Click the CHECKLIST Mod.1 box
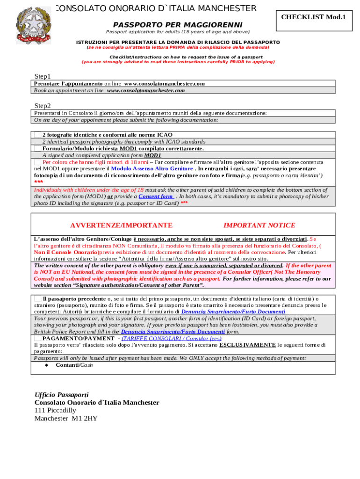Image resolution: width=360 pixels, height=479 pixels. pos(313,17)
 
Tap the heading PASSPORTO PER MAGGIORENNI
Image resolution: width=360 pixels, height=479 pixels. pos(178,24)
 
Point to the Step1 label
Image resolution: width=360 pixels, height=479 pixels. pos(43,76)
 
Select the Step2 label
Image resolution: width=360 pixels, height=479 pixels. pos(43,106)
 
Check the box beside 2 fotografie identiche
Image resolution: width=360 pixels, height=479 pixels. pos(37,135)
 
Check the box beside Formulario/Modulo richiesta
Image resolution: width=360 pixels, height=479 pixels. pos(37,148)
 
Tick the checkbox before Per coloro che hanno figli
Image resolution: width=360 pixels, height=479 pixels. pos(37,162)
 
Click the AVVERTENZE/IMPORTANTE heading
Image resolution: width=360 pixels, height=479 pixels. pos(121,225)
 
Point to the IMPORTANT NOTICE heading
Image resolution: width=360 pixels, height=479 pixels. pos(259,225)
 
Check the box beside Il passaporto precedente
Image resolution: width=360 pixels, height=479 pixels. pos(37,298)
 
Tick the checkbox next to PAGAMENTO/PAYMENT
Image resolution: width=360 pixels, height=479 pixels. pos(37,338)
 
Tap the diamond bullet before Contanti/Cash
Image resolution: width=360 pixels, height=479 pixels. pos(46,365)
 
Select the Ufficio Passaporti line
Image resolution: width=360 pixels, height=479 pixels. pos(61,395)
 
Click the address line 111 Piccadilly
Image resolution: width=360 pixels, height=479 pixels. pos(55,410)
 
